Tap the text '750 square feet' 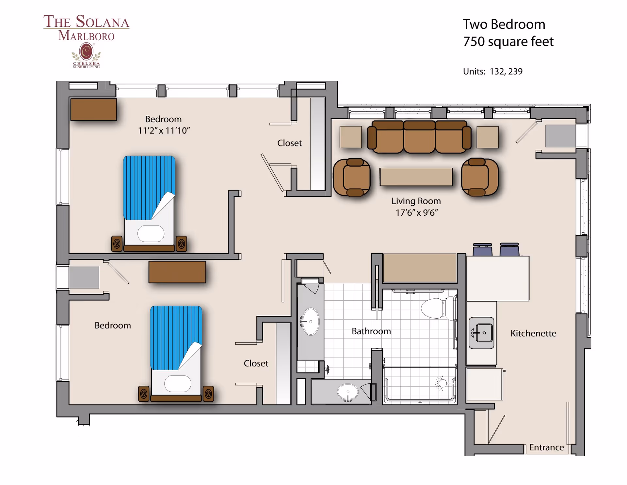click(x=508, y=42)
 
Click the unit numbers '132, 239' click(x=506, y=72)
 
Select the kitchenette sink click(x=481, y=333)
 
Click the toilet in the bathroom click(x=436, y=308)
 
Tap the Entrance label click(x=546, y=447)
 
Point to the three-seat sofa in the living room click(x=419, y=137)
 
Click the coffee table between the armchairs click(x=416, y=177)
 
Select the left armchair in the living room click(x=352, y=177)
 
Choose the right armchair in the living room click(x=479, y=177)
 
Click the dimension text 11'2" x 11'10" click(x=164, y=131)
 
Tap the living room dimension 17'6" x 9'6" click(x=416, y=213)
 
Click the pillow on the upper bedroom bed click(x=151, y=233)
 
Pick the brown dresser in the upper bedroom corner click(x=94, y=109)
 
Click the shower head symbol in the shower click(x=442, y=383)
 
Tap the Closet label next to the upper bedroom click(x=289, y=143)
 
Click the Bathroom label click(x=371, y=331)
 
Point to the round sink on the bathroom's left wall click(x=310, y=322)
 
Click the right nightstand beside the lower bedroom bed click(x=208, y=394)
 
